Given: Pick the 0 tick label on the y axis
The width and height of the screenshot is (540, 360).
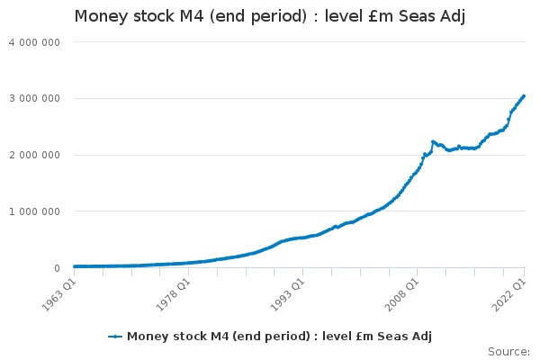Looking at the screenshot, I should [x=57, y=268].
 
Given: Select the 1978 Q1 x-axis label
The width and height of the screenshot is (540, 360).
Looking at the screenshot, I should [x=174, y=292].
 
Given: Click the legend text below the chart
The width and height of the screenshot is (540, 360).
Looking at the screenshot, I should [x=279, y=337].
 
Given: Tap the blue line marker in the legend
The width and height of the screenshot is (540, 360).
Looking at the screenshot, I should [x=115, y=337].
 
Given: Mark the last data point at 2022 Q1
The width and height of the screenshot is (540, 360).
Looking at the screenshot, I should [x=525, y=95].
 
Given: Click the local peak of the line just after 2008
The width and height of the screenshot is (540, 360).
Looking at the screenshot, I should [x=433, y=141].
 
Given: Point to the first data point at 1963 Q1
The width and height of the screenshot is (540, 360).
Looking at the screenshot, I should [x=74, y=266].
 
